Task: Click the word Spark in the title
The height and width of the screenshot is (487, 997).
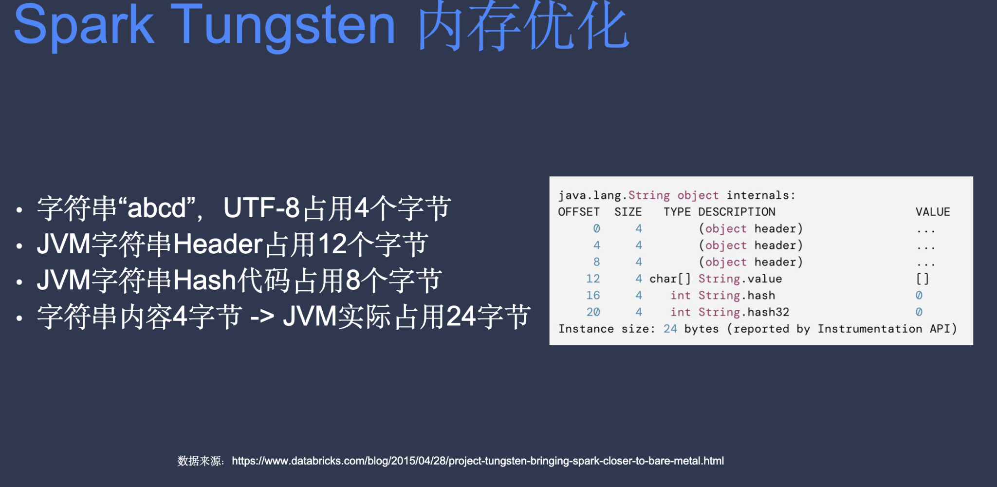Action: (84, 25)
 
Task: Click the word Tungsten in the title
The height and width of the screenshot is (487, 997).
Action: (283, 25)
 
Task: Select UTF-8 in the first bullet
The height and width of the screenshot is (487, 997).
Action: (261, 208)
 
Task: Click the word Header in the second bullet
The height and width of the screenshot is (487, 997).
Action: (218, 244)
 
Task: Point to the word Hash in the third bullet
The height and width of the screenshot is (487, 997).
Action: (205, 280)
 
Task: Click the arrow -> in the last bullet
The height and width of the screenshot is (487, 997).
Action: (262, 317)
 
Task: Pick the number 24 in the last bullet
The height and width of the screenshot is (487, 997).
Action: (461, 317)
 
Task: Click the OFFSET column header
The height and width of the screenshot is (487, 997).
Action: (579, 212)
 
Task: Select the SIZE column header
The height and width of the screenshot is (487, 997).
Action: (628, 212)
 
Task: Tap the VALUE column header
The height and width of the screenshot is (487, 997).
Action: (933, 212)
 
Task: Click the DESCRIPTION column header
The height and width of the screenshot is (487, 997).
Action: (737, 212)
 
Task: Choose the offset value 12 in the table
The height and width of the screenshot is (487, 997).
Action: (593, 279)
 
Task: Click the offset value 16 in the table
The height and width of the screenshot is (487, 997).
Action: (593, 295)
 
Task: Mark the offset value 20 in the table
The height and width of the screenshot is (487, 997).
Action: (593, 312)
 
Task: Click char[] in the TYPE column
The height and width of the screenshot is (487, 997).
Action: (670, 279)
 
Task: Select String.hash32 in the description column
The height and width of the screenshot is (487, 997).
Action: (744, 312)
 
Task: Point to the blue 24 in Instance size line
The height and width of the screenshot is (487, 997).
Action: (670, 329)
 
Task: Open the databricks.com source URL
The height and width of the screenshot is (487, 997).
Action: (478, 461)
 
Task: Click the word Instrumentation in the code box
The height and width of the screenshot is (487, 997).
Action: (870, 329)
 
